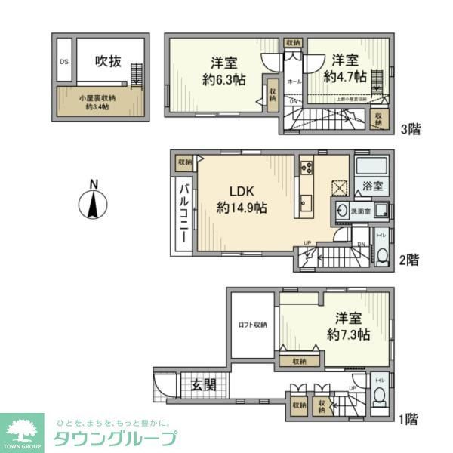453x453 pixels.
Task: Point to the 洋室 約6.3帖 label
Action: coord(218,69)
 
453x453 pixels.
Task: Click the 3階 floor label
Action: coord(410,129)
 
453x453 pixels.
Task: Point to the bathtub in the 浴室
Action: coord(370,168)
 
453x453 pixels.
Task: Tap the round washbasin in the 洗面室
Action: coord(344,211)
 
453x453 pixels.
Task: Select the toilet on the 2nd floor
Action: coord(381,256)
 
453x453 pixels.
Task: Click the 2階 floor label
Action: coord(410,260)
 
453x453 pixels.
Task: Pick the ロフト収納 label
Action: coord(253,325)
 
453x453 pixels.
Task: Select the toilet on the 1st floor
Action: coord(379,398)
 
